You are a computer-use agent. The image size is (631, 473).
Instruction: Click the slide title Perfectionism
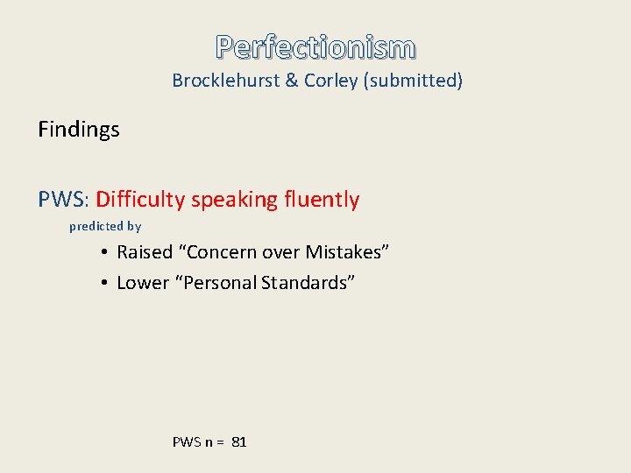click(x=315, y=46)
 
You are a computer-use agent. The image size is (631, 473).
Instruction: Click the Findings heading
click(x=79, y=130)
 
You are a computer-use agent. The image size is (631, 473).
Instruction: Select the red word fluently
click(x=321, y=200)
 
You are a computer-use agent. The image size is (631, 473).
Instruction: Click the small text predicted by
click(x=105, y=226)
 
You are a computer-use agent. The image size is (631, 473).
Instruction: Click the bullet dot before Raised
click(x=103, y=252)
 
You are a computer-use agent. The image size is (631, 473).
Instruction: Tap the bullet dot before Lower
click(x=103, y=283)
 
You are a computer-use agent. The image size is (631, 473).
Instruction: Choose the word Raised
click(x=145, y=252)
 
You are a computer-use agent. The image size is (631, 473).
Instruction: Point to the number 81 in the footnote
click(x=239, y=442)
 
